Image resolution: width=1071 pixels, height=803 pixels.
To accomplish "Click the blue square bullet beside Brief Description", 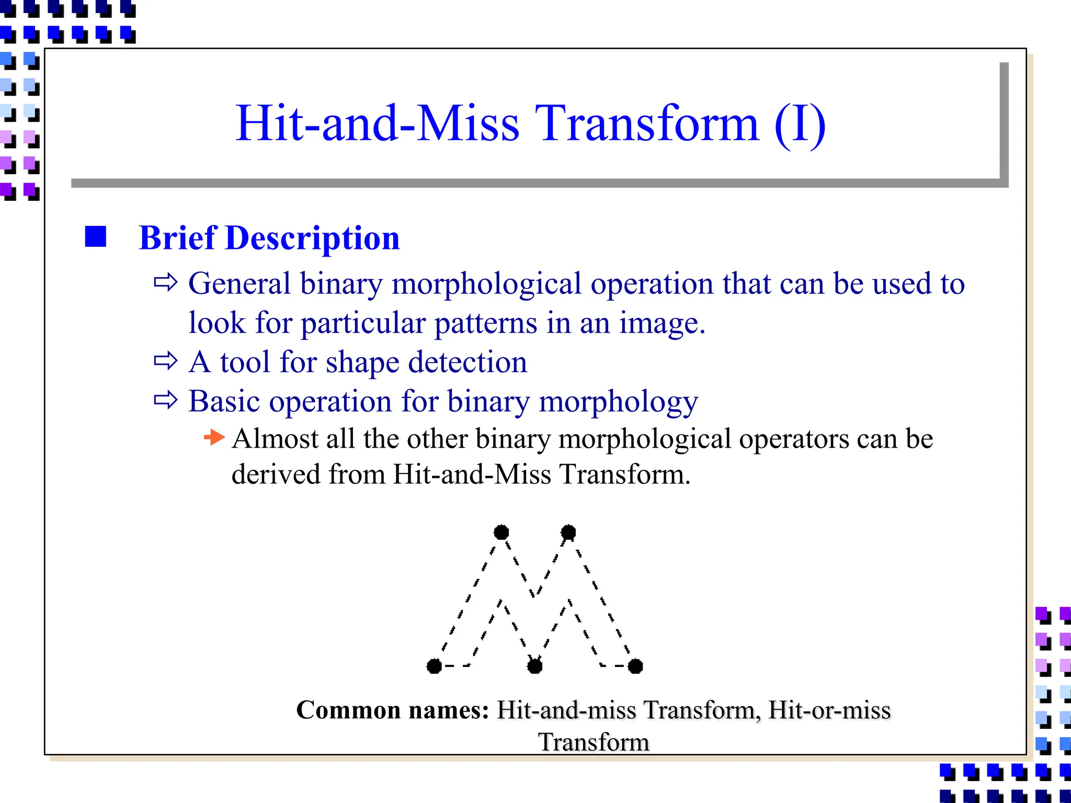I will tap(96, 237).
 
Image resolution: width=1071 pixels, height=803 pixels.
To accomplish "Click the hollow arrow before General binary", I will tap(166, 283).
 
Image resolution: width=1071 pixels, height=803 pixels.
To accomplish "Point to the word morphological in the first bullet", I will tap(486, 284).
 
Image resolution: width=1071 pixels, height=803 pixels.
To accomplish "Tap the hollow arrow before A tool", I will tap(166, 361).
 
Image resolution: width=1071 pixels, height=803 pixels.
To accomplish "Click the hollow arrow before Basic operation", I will tap(166, 400).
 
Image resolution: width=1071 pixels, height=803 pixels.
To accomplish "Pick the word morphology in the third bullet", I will tap(618, 402).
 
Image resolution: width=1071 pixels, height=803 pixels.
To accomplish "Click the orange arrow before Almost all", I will tap(214, 437).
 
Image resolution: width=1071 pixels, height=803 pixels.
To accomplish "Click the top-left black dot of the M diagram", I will tap(501, 532).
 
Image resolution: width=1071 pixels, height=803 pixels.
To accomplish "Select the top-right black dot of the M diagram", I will tap(568, 532).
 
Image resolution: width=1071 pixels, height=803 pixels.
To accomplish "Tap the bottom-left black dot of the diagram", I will tap(434, 666).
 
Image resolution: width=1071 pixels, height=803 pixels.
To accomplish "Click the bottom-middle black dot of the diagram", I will tap(534, 666).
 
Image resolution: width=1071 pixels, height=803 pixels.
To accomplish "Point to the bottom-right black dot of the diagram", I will tap(635, 666).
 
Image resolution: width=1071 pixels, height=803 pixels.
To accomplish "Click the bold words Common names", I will tap(392, 710).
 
